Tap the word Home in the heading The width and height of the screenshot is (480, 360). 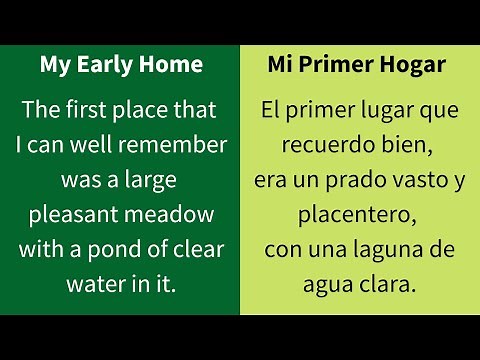170,65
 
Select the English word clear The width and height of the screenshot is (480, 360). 198,250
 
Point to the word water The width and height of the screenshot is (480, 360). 94,285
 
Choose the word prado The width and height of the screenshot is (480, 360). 346,180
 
